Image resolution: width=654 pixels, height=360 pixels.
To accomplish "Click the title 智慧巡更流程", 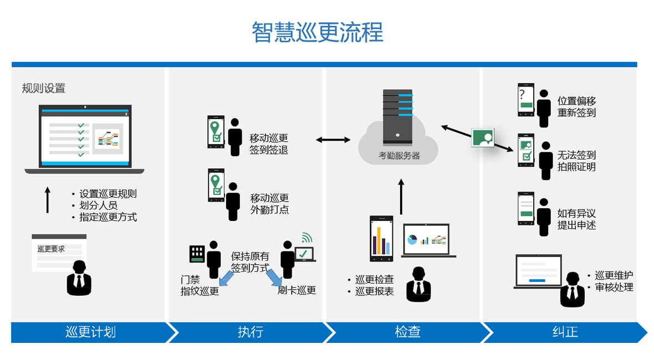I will [x=318, y=32].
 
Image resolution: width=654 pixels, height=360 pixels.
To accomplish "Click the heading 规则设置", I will [x=44, y=88].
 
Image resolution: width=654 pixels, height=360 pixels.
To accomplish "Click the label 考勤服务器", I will [x=399, y=156].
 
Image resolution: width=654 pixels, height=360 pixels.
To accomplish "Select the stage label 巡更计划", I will [x=90, y=332].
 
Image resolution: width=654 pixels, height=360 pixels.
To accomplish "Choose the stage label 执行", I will [x=251, y=332].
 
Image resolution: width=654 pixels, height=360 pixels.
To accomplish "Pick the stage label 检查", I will [x=408, y=332].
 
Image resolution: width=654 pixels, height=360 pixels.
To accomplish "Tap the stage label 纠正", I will [x=565, y=332].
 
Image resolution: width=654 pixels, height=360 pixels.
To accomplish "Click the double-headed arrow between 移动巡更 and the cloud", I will [x=334, y=140].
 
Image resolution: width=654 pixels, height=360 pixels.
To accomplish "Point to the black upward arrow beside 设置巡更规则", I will [x=48, y=200].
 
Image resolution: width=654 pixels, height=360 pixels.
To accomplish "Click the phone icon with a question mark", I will [x=525, y=100].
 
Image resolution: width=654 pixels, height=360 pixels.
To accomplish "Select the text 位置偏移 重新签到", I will [x=576, y=107].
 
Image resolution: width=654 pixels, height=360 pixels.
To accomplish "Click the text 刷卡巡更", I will [x=297, y=290].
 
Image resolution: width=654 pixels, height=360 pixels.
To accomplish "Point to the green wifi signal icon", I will [x=306, y=238].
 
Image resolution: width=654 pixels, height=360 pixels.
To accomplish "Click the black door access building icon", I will [x=197, y=253].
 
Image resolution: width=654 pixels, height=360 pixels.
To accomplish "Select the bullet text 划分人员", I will [x=98, y=205].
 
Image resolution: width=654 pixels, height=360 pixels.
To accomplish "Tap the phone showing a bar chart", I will [x=381, y=239].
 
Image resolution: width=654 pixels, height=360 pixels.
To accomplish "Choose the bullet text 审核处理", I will [x=614, y=287].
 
